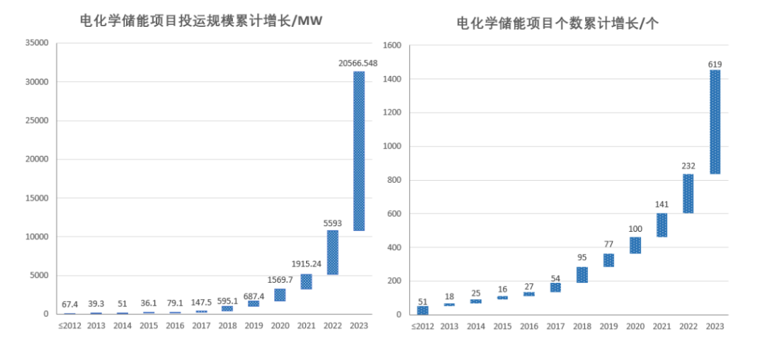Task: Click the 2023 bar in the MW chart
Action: (359, 150)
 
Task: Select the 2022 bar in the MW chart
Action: (332, 252)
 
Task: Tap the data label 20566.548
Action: (358, 63)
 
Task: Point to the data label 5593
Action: (332, 223)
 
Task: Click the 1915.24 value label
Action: (306, 266)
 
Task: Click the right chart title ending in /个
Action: (558, 23)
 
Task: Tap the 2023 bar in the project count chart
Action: (715, 122)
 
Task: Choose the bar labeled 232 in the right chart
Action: (688, 193)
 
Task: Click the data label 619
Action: (715, 64)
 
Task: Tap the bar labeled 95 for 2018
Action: (582, 275)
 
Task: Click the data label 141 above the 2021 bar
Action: (662, 206)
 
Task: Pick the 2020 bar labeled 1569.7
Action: (280, 295)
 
